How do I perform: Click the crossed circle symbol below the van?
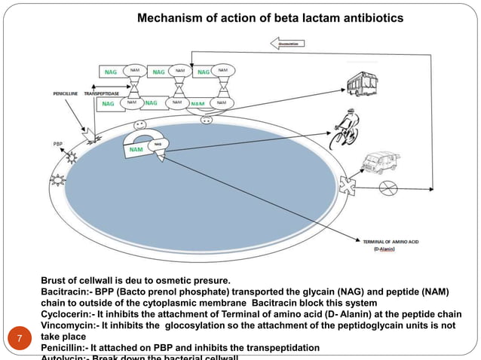point(387,185)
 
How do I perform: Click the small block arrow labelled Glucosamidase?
point(290,44)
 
